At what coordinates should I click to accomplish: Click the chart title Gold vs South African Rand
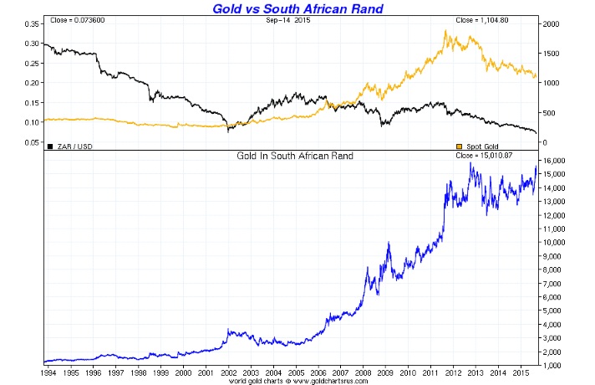click(x=297, y=8)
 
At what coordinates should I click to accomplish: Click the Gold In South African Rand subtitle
click(x=293, y=157)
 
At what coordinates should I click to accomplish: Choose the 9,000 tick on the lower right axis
click(x=555, y=256)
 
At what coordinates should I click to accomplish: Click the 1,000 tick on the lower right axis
click(x=555, y=366)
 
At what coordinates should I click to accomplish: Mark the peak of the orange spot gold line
click(x=446, y=31)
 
